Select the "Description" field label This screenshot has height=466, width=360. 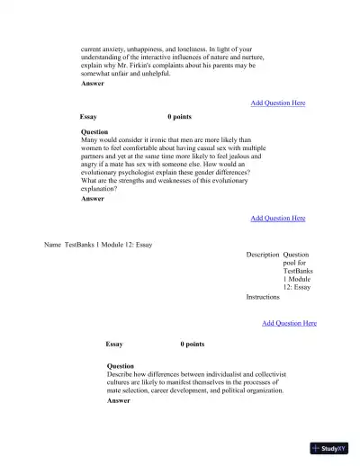(x=262, y=255)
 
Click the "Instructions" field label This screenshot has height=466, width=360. (x=263, y=296)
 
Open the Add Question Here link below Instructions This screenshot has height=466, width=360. (x=289, y=323)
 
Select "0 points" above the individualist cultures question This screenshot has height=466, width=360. (x=192, y=344)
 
